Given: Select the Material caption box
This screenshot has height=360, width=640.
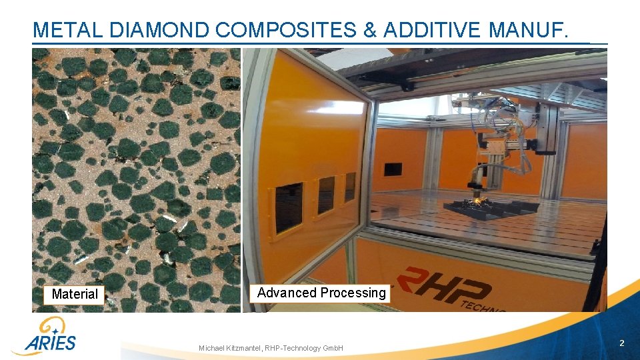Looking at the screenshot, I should [74, 294].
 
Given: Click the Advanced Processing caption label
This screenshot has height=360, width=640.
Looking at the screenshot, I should [321, 293].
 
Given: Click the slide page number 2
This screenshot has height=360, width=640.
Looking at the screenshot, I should [621, 343].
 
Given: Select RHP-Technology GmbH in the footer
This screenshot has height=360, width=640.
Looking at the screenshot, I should [304, 348].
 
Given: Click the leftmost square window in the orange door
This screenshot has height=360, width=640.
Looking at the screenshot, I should [288, 207].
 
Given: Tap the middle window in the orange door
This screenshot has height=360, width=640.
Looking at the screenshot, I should [326, 195].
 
